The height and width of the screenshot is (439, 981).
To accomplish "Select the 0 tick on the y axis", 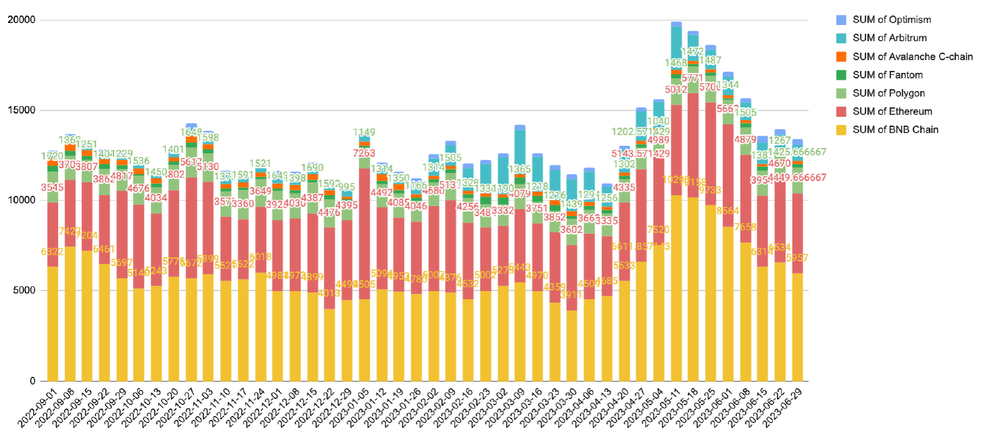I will [x=32, y=381].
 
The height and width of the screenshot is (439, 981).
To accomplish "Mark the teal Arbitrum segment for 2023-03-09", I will [x=520, y=152].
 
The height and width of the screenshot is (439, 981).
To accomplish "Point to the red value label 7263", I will [x=364, y=153].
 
